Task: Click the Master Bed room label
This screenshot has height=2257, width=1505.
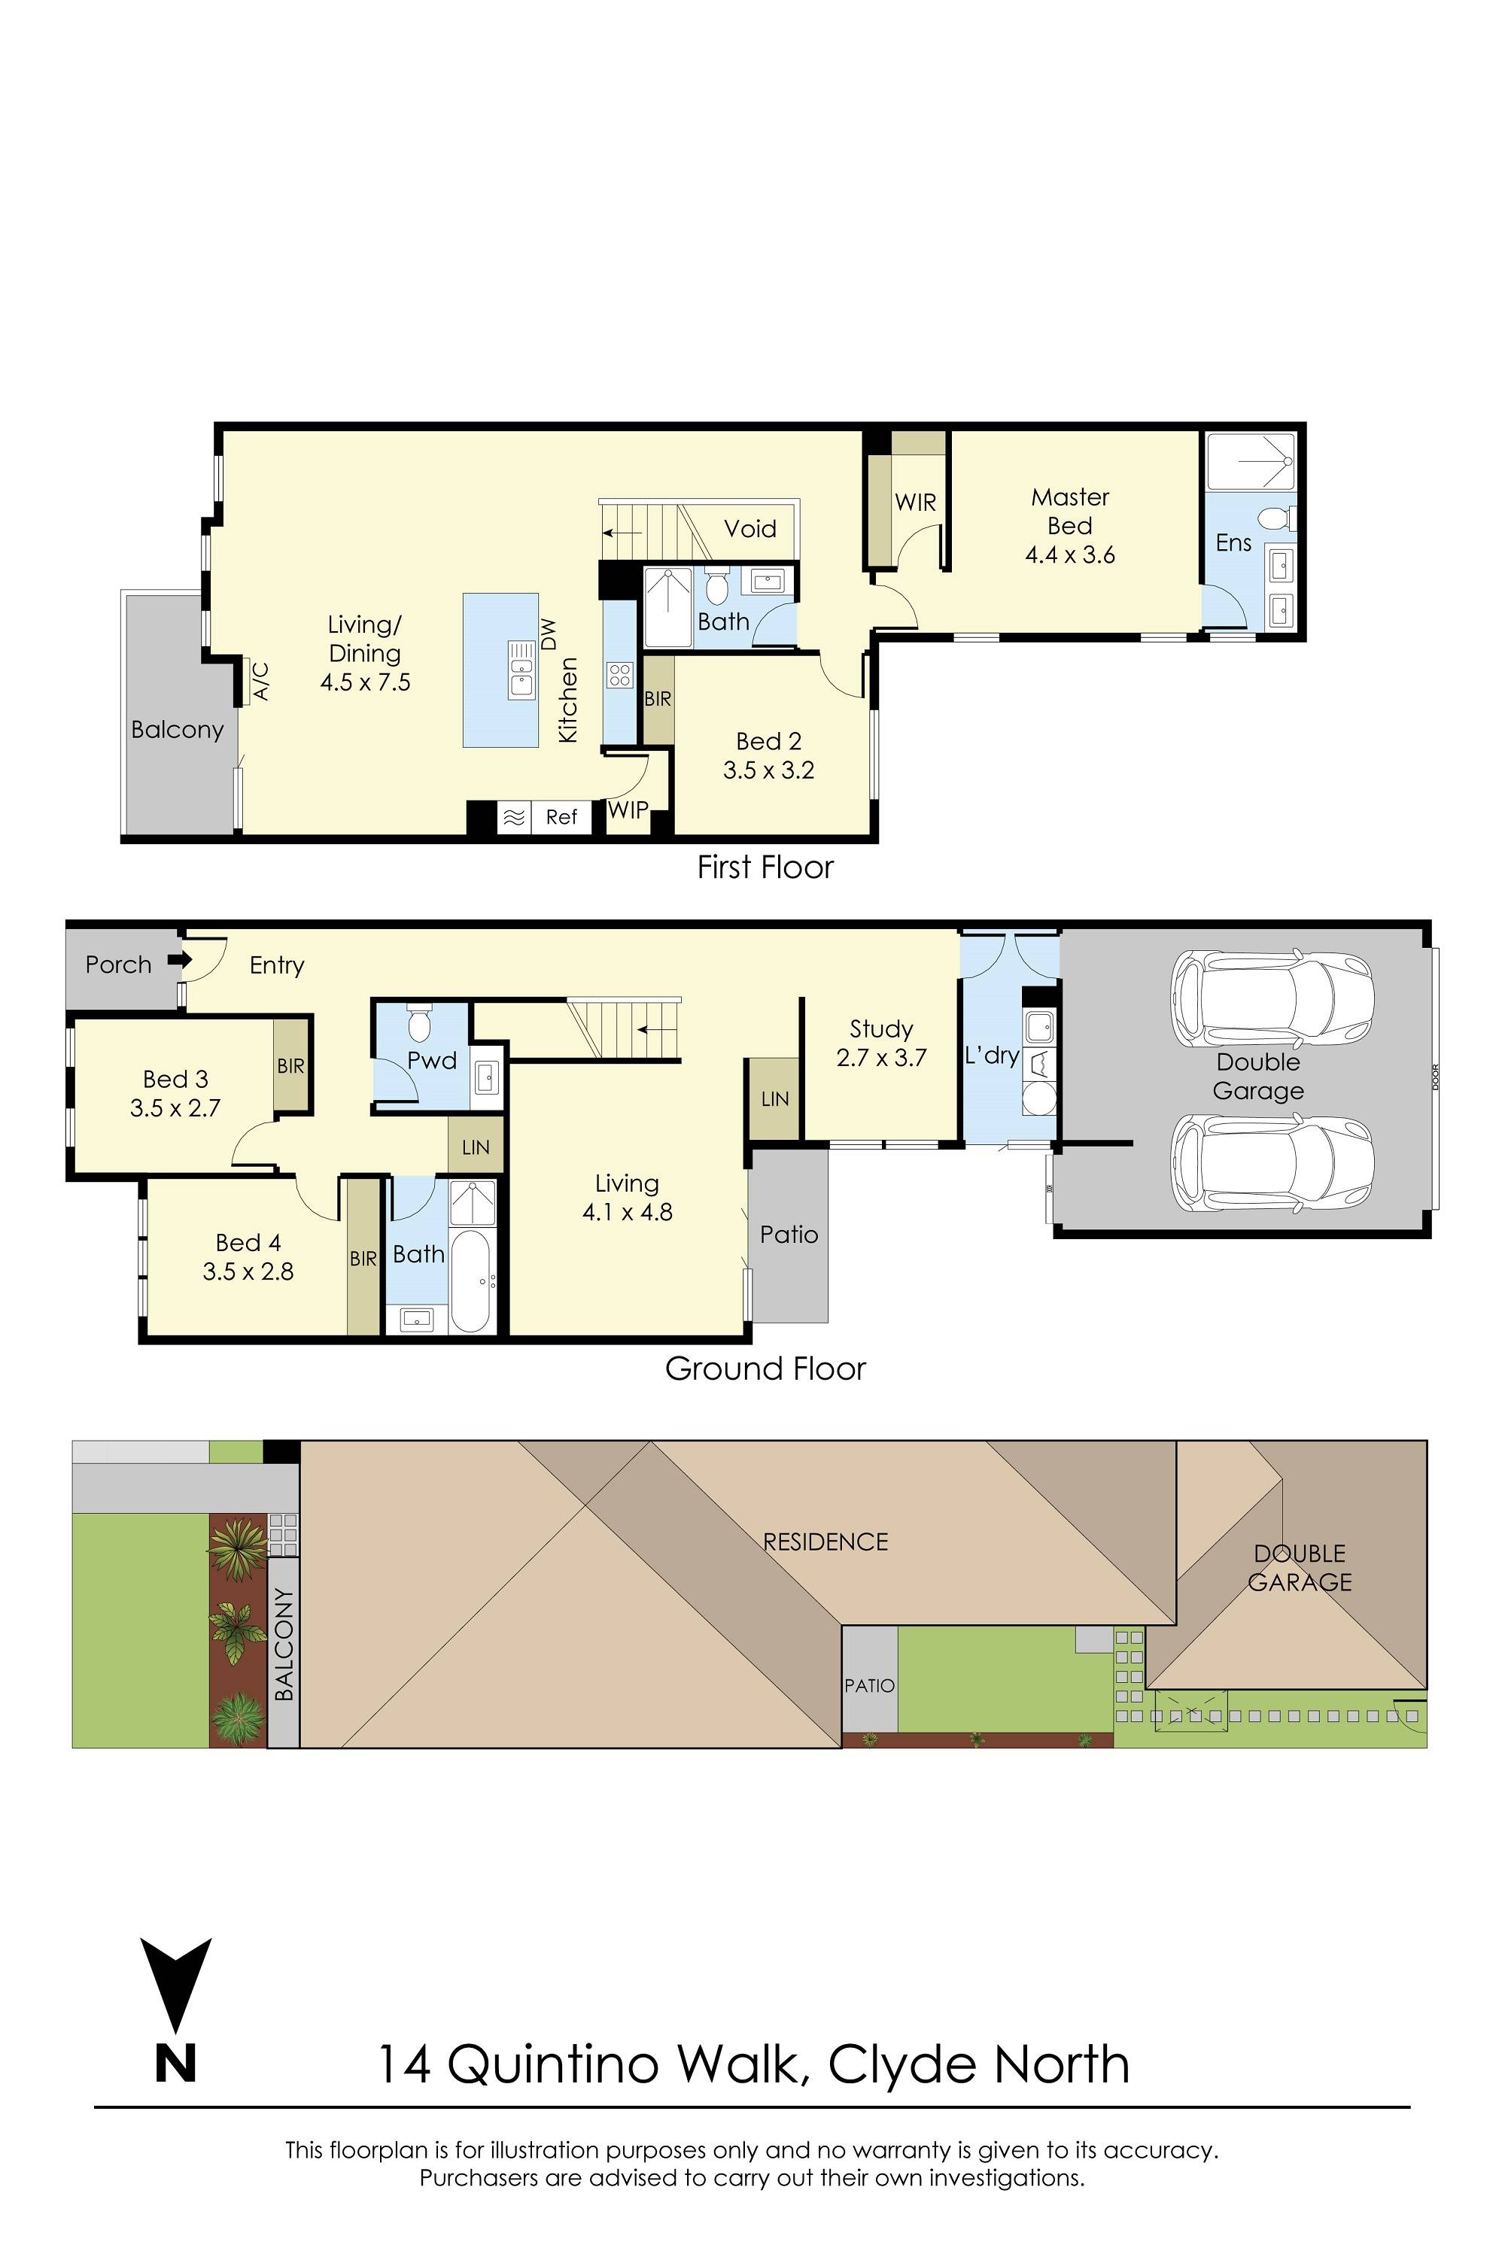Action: click(x=1069, y=512)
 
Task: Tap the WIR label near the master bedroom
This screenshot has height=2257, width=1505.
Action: click(x=915, y=502)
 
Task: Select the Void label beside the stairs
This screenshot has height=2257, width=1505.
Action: click(x=749, y=529)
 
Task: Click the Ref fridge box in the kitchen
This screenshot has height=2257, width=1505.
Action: click(x=561, y=816)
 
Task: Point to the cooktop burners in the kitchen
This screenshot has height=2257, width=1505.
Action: click(x=620, y=675)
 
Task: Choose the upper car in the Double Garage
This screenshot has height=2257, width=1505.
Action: click(x=1271, y=999)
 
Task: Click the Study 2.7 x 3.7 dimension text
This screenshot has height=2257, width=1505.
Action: click(x=881, y=1059)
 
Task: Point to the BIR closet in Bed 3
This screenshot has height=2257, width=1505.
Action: click(x=290, y=1065)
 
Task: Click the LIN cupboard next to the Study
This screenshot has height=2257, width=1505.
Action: click(x=774, y=1098)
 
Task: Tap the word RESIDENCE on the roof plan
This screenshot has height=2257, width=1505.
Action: click(x=825, y=1541)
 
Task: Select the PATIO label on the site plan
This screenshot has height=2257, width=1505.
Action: click(x=870, y=1685)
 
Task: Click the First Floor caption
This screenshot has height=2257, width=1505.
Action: click(x=765, y=867)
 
